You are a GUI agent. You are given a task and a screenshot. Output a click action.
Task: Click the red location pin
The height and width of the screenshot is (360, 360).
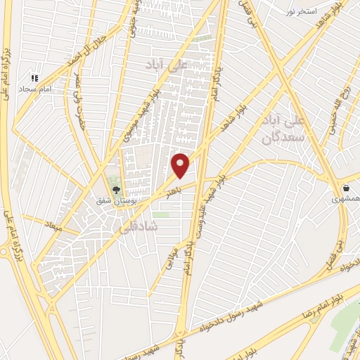181,165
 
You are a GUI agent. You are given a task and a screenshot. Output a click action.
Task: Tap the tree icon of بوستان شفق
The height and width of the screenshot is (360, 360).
117,189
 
